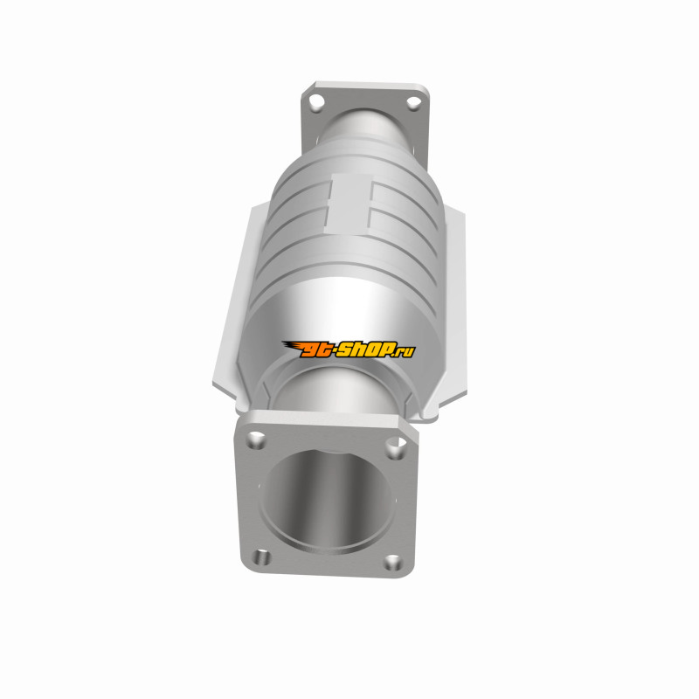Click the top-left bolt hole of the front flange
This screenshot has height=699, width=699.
[257, 440]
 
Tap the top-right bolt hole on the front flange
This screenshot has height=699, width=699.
[396, 447]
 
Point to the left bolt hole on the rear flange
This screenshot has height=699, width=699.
[317, 102]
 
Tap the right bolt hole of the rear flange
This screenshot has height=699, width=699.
[413, 102]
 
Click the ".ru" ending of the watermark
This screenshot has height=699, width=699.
[404, 351]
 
